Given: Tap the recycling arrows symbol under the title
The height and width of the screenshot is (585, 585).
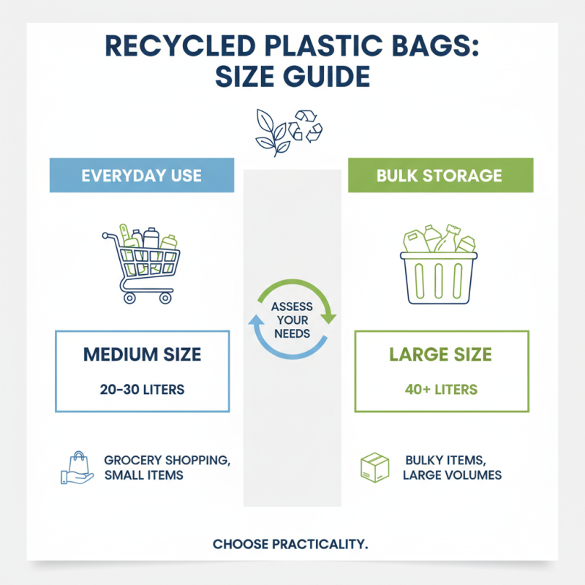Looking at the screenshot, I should [x=306, y=126].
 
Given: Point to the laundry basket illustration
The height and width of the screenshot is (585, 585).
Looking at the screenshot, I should [x=438, y=267].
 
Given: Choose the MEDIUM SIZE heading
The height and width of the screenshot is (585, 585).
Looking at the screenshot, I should [x=142, y=356].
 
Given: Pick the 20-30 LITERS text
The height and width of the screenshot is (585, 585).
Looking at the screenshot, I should [x=142, y=390].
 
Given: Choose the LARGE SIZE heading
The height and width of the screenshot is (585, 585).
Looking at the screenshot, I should [x=440, y=356].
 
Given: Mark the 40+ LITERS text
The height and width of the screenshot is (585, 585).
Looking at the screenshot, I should [x=440, y=390].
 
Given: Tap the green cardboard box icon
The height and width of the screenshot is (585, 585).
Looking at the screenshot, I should [x=375, y=467].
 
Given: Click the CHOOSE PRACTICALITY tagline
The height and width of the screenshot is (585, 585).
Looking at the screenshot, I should [x=290, y=544].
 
